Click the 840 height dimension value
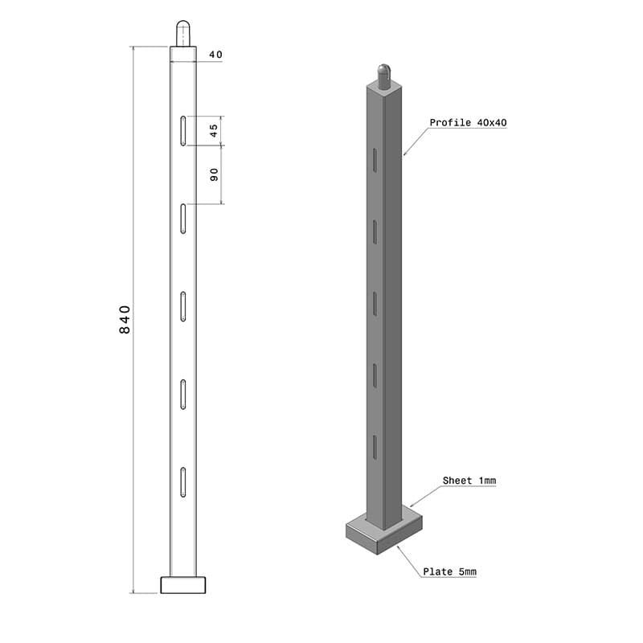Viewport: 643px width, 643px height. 125,319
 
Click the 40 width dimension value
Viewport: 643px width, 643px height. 215,55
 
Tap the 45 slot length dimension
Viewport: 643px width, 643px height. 214,130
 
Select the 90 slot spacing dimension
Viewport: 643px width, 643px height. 214,174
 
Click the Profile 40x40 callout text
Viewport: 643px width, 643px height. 468,123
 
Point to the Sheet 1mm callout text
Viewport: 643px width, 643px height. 469,481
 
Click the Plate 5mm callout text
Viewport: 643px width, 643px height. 449,571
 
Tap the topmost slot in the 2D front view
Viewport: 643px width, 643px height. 183,131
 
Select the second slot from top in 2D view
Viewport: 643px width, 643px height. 183,219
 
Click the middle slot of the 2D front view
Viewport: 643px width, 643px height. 183,306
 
